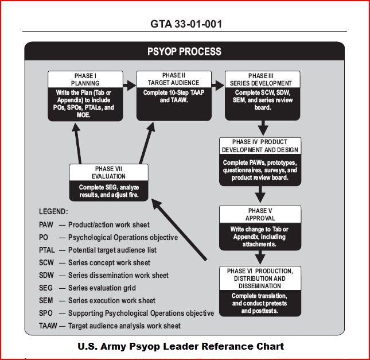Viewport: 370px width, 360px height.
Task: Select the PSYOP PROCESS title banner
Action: (184, 51)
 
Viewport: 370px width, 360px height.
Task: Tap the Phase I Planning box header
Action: (85, 79)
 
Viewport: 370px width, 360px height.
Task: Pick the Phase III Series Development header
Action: (262, 79)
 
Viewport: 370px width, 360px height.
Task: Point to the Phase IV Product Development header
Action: (259, 146)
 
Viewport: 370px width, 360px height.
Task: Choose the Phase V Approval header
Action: (260, 214)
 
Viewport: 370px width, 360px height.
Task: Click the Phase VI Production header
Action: (259, 278)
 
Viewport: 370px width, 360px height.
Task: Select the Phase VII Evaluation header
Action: (108, 173)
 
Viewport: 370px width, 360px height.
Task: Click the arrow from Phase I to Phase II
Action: (130, 84)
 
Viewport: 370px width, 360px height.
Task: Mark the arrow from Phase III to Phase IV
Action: (262, 127)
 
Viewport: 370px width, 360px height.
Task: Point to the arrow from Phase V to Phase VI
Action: (260, 257)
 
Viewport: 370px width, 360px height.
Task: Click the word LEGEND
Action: (53, 211)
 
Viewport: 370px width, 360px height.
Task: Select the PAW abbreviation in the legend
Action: (47, 224)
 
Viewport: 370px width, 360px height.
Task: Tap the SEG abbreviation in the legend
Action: (47, 288)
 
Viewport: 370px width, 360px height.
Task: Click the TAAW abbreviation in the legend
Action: (49, 326)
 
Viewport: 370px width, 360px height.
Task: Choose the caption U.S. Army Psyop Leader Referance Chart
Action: (181, 346)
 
